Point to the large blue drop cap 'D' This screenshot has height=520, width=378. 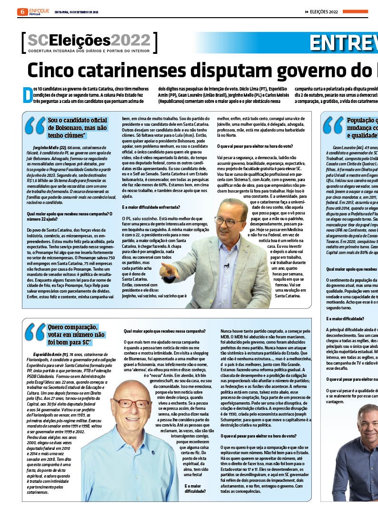pyautogui.click(x=28, y=94)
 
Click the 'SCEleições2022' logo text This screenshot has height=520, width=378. pyautogui.click(x=89, y=40)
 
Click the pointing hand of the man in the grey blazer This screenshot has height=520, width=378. pyautogui.click(x=169, y=270)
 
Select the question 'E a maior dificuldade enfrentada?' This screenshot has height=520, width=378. pyautogui.click(x=150, y=207)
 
